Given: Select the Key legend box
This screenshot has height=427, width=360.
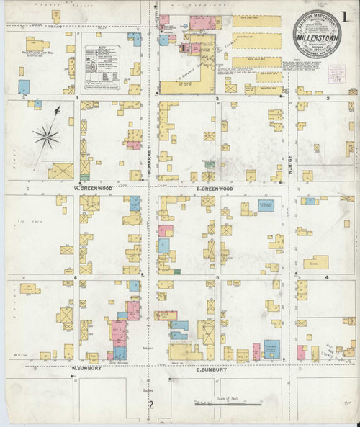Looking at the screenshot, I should click(104, 68).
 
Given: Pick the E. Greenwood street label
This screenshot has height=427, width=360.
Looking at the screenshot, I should click(215, 188).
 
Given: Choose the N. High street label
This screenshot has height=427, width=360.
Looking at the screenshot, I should click(289, 168).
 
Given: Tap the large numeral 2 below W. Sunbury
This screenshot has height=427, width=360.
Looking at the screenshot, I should click(151, 405).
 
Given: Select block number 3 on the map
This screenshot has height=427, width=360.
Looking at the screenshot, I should click(328, 98).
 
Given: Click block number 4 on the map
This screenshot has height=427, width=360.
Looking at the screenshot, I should click(327, 277).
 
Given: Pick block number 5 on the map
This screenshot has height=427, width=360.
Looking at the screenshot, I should click(217, 277).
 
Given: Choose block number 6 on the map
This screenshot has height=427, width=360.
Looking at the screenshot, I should click(74, 277).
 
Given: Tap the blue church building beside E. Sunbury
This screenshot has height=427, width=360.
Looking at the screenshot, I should click(271, 349).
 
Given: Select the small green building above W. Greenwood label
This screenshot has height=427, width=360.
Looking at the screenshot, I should click(84, 176).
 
